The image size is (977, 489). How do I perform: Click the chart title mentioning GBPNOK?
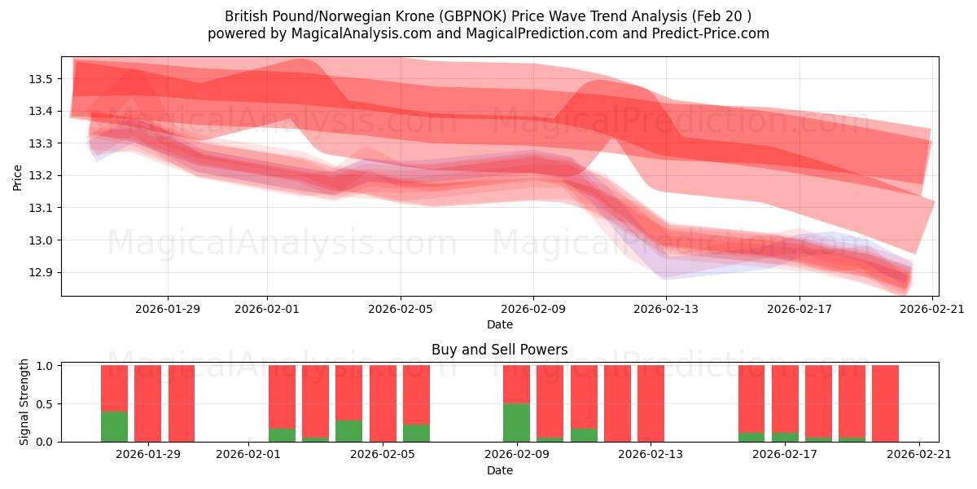pos(488,16)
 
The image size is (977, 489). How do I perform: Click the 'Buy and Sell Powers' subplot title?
pos(499,350)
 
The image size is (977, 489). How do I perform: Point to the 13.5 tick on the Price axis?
pos(41,79)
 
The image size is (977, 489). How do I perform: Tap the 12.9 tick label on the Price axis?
pos(41,272)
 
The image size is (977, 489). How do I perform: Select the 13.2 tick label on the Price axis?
pos(41,175)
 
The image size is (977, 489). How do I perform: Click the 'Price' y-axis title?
pos(18,176)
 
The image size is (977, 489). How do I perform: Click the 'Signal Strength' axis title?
pos(24,402)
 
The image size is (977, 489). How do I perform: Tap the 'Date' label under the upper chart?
pos(499,324)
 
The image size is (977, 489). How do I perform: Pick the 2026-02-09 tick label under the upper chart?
pos(533,309)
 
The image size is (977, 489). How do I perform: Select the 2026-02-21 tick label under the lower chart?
pos(918,455)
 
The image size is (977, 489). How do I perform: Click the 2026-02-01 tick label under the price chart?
pos(267,309)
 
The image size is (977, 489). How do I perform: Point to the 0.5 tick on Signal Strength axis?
pos(45,403)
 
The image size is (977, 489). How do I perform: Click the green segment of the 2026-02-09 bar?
pos(516,422)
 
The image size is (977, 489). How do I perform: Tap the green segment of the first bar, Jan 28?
pos(114,426)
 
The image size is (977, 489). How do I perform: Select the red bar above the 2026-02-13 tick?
pos(651,403)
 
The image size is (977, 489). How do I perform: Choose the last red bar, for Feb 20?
pos(885,403)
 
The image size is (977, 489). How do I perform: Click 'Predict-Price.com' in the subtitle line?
pos(711,33)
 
